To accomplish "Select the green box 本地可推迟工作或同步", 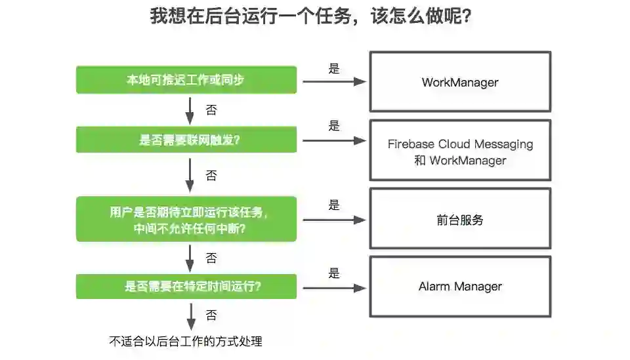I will point(186,80).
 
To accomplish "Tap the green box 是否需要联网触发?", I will point(186,140).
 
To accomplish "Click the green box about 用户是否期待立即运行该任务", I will point(186,220).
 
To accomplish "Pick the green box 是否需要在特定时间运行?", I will point(186,287).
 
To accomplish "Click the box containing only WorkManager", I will point(460,82).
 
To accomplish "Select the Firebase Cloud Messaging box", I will point(460,151).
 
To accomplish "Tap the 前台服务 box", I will point(460,220).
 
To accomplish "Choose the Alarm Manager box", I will point(460,287).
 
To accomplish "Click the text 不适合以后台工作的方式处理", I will point(186,341).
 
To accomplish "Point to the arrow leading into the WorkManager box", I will point(333,82).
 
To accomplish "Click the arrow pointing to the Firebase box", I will point(333,140).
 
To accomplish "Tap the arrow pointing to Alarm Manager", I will point(333,288).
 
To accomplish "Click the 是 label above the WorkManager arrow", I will point(334,68).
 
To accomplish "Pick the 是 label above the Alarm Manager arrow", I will point(334,273).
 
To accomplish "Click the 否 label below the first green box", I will point(211,110).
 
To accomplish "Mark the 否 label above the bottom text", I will point(211,315).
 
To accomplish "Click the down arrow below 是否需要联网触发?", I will point(190,175).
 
